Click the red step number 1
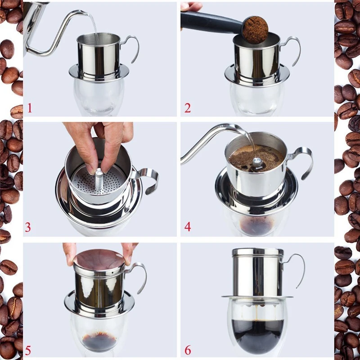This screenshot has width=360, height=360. click(x=30, y=108)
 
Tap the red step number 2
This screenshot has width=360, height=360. click(x=188, y=108)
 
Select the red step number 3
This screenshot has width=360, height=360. click(x=28, y=227)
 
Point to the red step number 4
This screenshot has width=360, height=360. click(x=188, y=227)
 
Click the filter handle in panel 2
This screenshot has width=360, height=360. click(x=291, y=49)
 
